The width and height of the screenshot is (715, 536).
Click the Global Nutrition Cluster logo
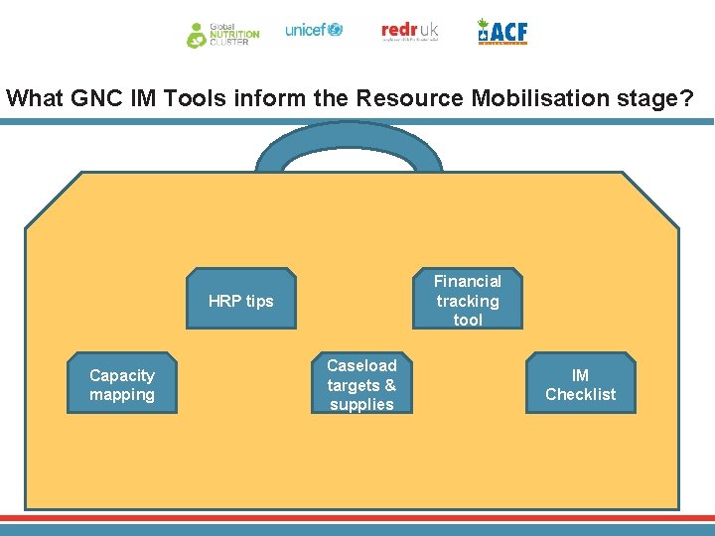tap(222, 34)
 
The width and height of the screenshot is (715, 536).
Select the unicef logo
tap(314, 31)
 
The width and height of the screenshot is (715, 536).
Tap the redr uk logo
tap(409, 32)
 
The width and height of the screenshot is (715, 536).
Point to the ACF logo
tap(502, 32)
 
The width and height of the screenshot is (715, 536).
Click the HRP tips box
tap(240, 301)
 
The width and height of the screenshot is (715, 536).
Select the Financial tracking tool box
tap(467, 300)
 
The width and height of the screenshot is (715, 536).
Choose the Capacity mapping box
tap(122, 385)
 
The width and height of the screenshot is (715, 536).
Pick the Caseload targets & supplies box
tap(361, 385)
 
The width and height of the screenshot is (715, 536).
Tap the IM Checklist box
tap(580, 384)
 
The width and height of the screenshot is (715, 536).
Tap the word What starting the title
tap(36, 99)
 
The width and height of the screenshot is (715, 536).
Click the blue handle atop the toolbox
tap(348, 139)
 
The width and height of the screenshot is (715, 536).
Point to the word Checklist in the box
tap(580, 394)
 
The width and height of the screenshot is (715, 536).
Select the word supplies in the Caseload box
tap(361, 404)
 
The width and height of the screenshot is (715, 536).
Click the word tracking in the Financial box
tap(467, 301)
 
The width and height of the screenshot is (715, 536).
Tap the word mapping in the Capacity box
tap(122, 394)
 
